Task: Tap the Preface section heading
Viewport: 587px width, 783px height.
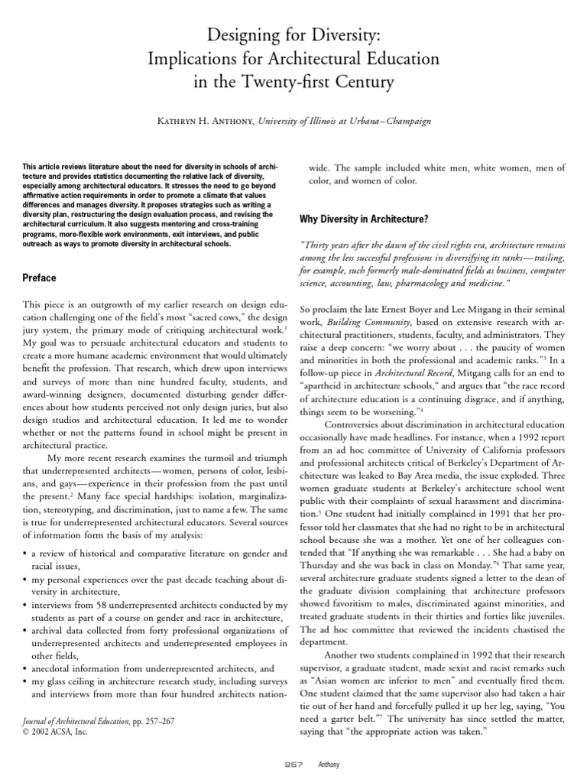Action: pyautogui.click(x=39, y=278)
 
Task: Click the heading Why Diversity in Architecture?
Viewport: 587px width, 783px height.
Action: pyautogui.click(x=363, y=219)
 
